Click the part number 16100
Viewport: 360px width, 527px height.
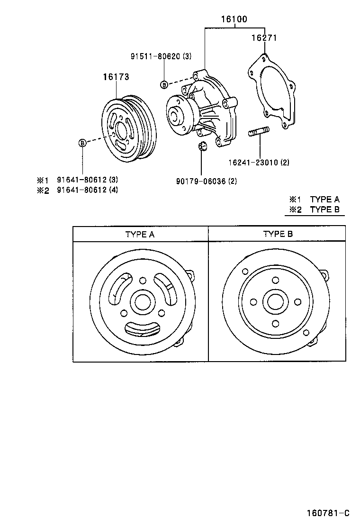234,19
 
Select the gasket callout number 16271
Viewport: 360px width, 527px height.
264,38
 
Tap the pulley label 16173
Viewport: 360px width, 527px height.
117,76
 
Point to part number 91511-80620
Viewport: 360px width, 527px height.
161,56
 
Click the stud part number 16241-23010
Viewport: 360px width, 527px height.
259,163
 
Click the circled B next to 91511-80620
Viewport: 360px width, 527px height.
164,85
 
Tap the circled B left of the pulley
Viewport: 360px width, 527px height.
82,143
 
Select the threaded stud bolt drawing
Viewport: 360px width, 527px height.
259,132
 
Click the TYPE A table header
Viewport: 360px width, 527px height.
140,234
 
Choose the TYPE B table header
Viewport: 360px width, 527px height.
278,234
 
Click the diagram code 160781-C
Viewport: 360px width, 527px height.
327,513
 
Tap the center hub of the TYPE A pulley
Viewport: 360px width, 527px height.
143,301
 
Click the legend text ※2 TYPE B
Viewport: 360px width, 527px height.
315,209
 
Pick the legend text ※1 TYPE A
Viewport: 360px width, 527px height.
315,200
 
